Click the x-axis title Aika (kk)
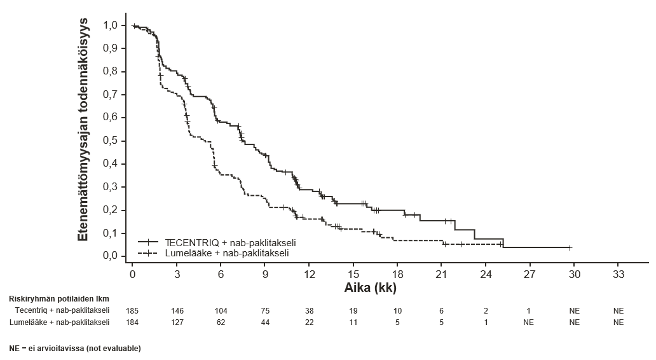(x=370, y=287)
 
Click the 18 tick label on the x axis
(x=397, y=274)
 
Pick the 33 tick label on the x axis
(x=618, y=274)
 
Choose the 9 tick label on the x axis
(x=265, y=274)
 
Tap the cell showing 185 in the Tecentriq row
(x=132, y=310)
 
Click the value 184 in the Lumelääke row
(x=132, y=322)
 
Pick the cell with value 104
(x=221, y=310)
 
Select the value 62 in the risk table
(x=221, y=322)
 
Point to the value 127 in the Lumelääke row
(x=177, y=322)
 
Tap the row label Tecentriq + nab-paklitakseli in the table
(x=62, y=310)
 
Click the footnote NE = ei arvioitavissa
(x=74, y=349)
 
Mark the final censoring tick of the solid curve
(x=570, y=247)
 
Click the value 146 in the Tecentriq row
(x=177, y=310)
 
